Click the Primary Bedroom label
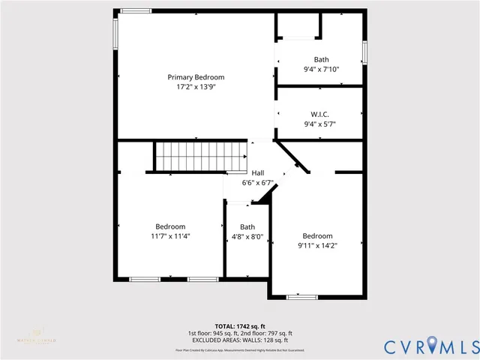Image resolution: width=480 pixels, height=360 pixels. tap(196, 77)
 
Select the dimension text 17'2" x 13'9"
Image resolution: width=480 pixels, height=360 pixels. tap(196, 87)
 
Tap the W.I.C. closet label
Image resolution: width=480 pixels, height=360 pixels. tap(321, 115)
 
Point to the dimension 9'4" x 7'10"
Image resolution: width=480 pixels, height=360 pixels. tap(321, 70)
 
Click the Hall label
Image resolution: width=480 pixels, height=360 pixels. tap(257, 172)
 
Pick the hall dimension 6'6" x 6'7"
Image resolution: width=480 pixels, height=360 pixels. tap(257, 182)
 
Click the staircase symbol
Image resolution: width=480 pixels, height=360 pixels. tap(202, 156)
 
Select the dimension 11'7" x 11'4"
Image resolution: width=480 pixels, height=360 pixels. tap(170, 235)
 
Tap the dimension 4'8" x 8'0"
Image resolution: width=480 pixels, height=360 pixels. tap(247, 236)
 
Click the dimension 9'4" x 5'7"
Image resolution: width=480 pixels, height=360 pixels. tap(321, 124)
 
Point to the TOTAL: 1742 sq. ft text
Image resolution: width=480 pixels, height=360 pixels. tap(240, 326)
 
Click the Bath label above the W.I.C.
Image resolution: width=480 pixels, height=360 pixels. tap(321, 60)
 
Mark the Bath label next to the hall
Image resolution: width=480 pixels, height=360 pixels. tap(247, 226)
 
